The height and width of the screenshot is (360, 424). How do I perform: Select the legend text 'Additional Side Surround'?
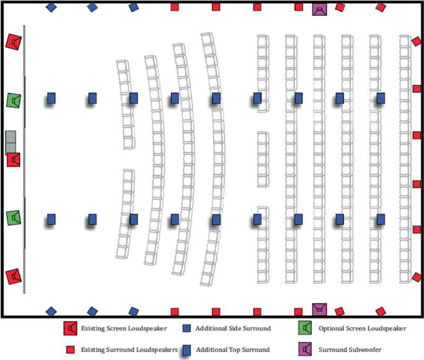click(232, 328)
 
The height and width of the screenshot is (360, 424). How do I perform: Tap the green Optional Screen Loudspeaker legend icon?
click(305, 328)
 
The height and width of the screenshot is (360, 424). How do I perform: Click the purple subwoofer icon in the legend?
click(305, 349)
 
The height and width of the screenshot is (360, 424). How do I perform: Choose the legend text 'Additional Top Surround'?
click(233, 350)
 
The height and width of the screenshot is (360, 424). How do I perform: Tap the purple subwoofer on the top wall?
click(319, 10)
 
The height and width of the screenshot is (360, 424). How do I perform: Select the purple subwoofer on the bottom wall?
click(319, 309)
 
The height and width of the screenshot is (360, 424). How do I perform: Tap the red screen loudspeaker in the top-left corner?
click(14, 42)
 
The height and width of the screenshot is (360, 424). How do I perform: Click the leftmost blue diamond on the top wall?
click(51, 7)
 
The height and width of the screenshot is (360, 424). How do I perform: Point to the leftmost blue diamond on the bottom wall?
click(51, 312)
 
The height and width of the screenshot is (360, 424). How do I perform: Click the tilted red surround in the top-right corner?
click(381, 7)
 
